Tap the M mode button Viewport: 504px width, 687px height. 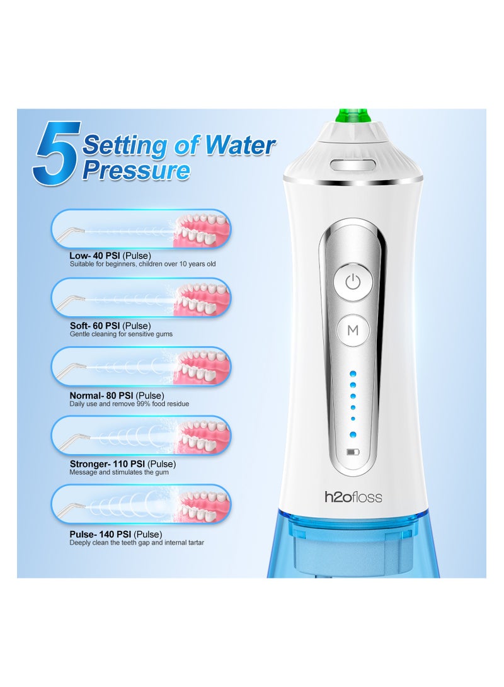353,330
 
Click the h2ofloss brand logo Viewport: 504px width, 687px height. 353,497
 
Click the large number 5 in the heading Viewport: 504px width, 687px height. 56,154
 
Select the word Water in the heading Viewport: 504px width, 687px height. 240,145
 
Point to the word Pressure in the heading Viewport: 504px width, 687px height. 136,170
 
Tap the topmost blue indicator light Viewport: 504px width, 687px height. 353,375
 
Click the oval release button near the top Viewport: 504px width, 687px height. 353,165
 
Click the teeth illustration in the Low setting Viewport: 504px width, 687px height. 202,230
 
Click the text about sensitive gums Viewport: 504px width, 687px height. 121,334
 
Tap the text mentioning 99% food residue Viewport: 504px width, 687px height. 129,404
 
